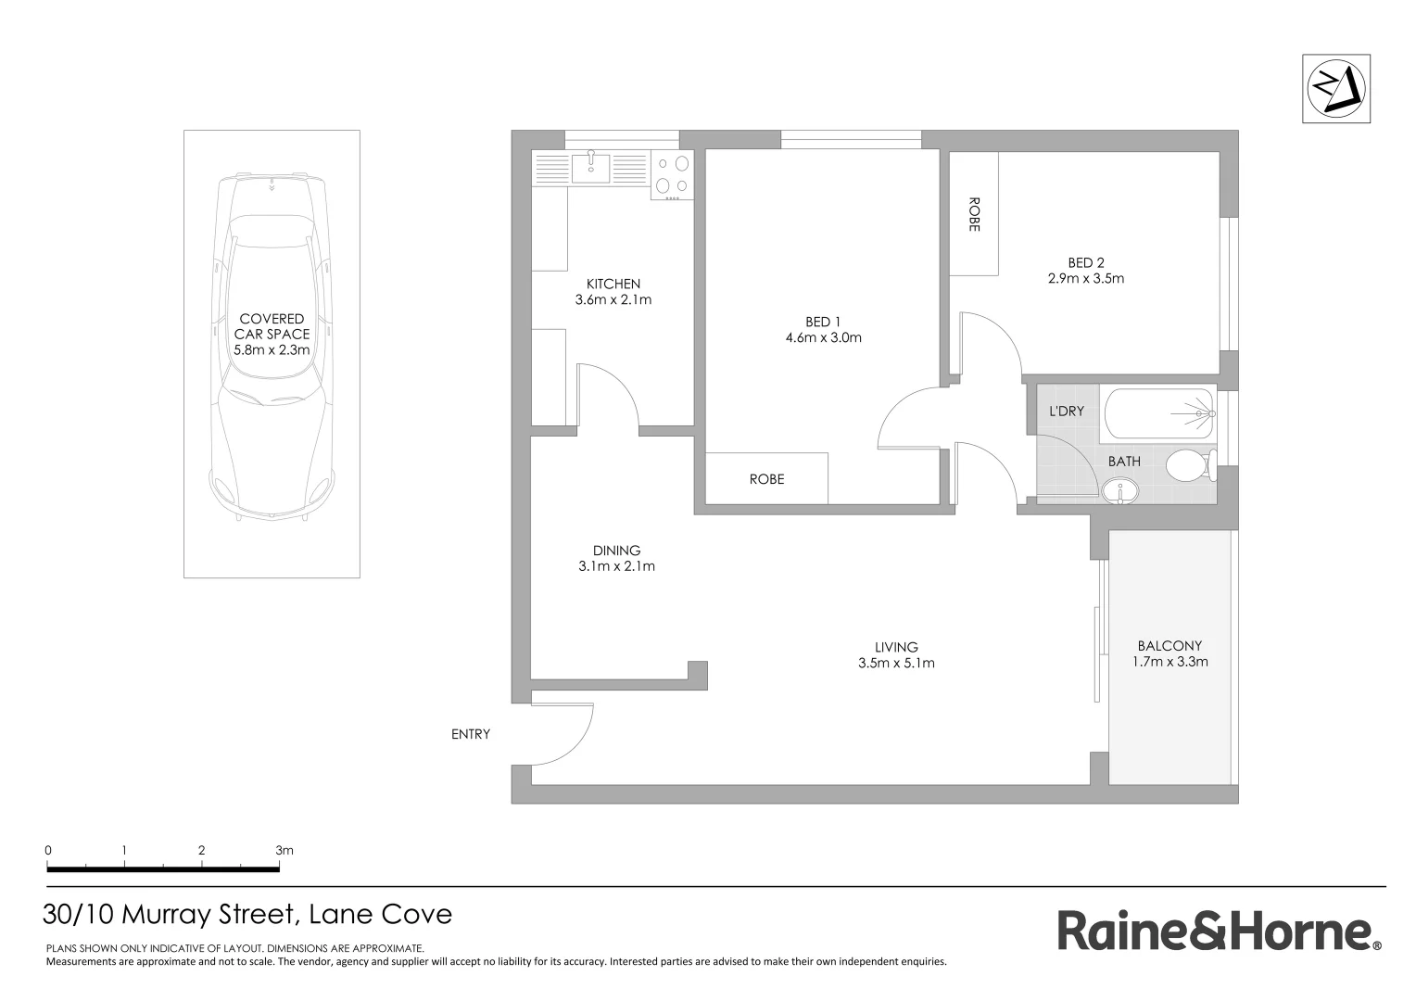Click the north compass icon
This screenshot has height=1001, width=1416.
(x=1335, y=89)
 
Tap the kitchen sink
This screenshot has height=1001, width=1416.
(x=590, y=168)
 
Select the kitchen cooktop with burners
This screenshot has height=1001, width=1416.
(x=673, y=176)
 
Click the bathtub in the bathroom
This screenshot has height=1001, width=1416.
(x=1157, y=414)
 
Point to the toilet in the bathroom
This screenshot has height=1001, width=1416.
(x=1189, y=465)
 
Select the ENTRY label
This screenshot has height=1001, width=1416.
(x=471, y=734)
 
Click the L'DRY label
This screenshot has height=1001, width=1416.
(x=1066, y=411)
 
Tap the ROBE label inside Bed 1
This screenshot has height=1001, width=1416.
(x=766, y=479)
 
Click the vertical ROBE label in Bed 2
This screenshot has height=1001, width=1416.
(x=973, y=214)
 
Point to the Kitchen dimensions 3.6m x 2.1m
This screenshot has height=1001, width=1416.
(x=613, y=299)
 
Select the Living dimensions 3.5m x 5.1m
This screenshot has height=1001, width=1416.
(x=896, y=663)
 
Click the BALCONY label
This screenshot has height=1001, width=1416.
(x=1169, y=646)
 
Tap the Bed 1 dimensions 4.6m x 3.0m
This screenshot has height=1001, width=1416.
(x=823, y=337)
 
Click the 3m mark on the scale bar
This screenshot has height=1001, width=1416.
(x=284, y=850)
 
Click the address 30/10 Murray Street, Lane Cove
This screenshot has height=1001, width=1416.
(x=247, y=915)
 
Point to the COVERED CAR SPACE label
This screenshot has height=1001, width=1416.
(x=272, y=326)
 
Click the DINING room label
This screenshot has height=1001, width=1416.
(x=616, y=551)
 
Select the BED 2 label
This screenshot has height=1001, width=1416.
(x=1085, y=263)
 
